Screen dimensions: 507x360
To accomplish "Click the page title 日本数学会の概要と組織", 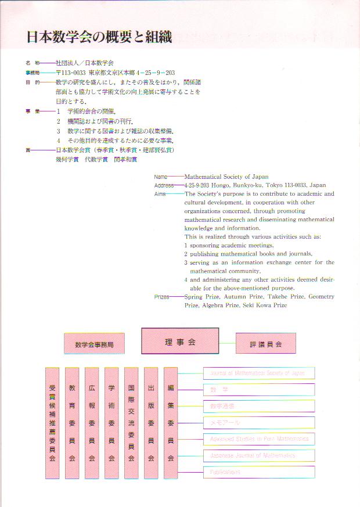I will click(x=99, y=37).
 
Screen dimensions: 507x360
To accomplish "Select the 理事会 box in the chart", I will click(x=180, y=341).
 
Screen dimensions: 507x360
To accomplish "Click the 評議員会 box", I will click(x=265, y=344).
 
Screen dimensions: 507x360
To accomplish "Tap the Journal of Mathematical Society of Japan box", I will click(x=258, y=373).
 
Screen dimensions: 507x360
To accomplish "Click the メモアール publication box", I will click(x=258, y=422).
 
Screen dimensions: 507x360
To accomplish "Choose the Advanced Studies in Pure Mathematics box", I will click(x=258, y=438).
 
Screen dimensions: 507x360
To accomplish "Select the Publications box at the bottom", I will click(x=258, y=472).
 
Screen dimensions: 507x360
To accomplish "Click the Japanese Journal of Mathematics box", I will click(x=258, y=455).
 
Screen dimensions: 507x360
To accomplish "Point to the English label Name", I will click(x=160, y=177).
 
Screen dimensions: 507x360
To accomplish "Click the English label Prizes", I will click(x=161, y=297).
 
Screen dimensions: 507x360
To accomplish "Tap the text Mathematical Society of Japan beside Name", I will click(x=226, y=177).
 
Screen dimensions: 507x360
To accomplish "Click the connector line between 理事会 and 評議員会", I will click(x=227, y=343).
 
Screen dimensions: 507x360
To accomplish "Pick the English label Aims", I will click(x=160, y=194).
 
